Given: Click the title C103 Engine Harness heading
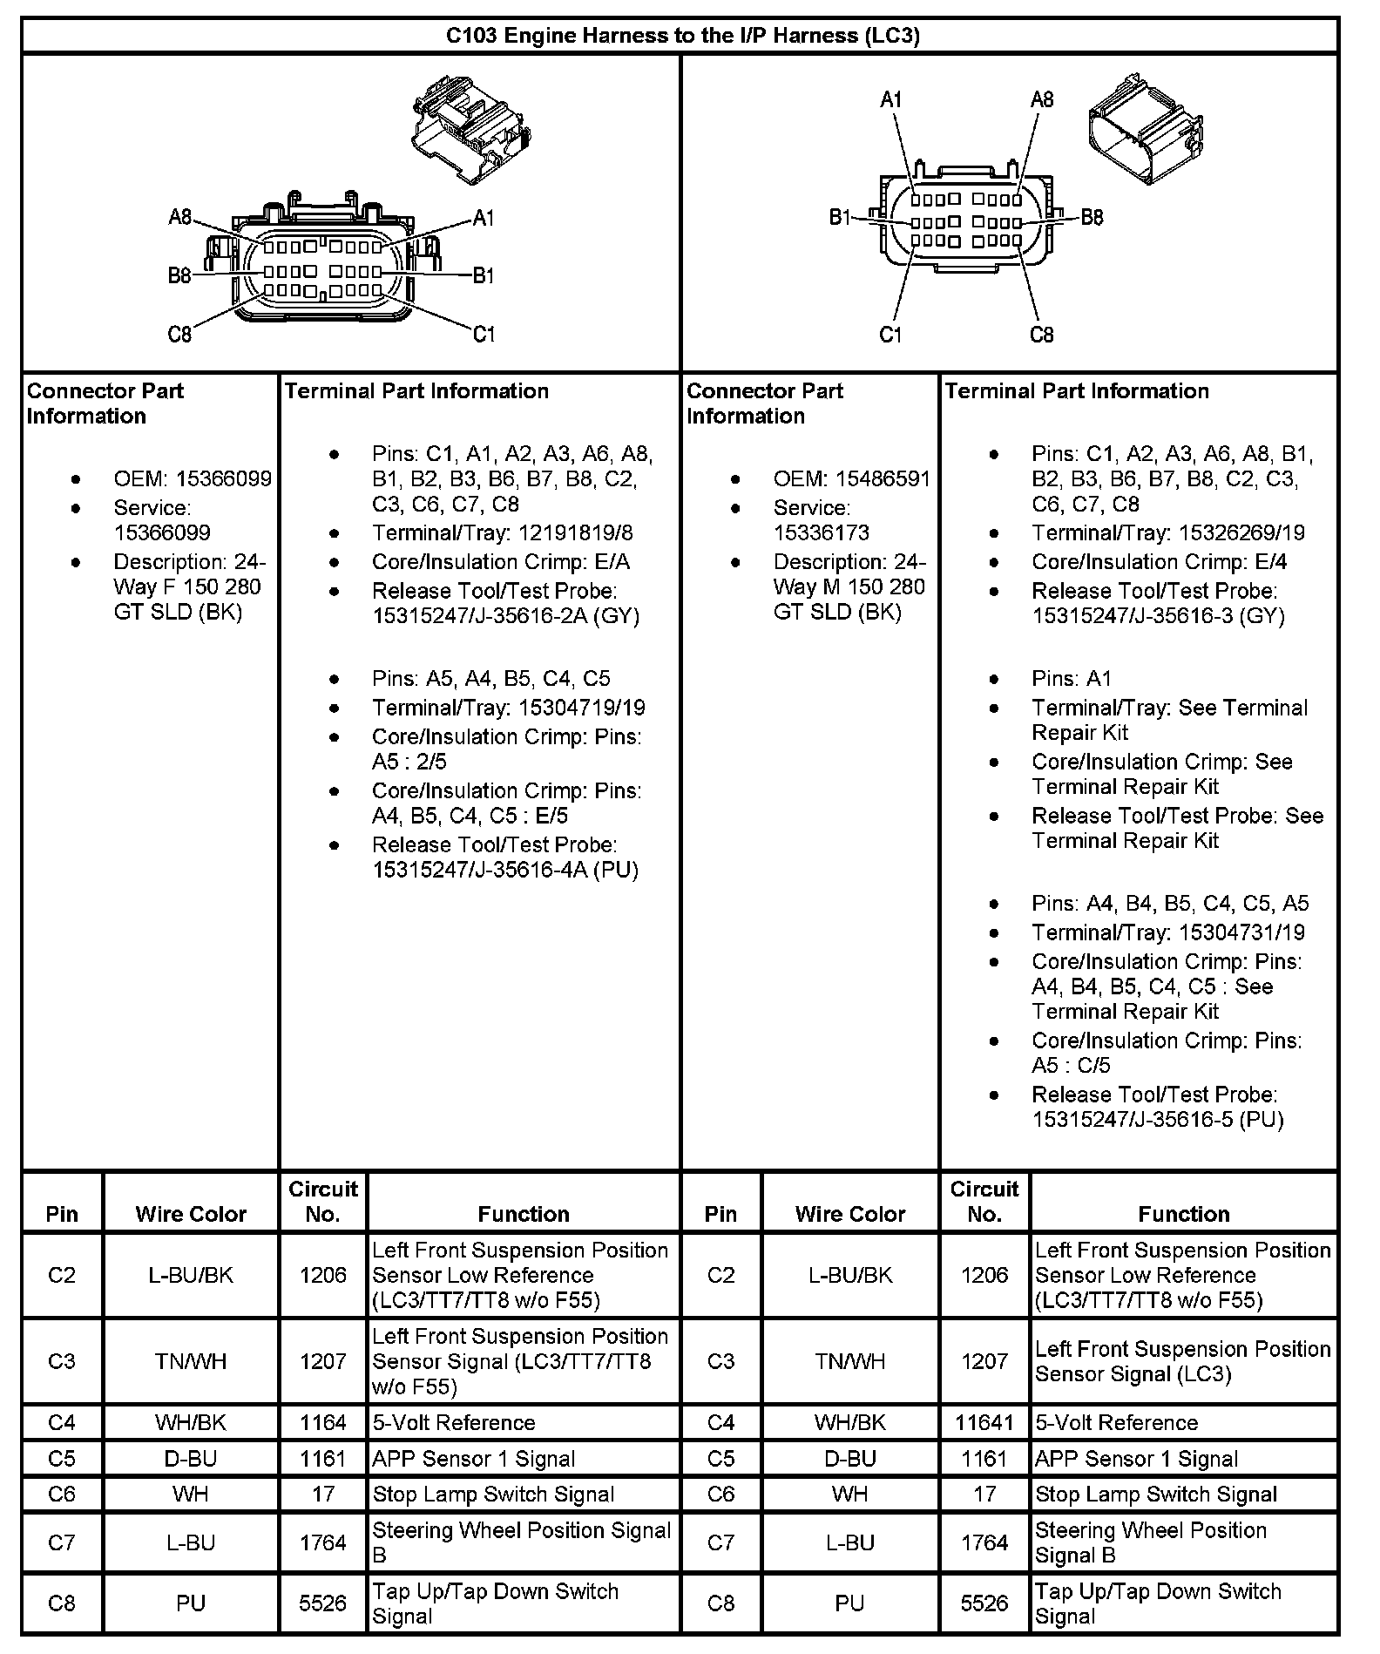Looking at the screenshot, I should point(682,36).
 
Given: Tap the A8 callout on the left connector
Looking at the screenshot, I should point(180,217).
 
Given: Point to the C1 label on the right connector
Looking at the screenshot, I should point(890,335).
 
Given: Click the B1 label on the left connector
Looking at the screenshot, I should point(484,276).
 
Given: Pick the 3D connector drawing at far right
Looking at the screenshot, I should point(1147,128).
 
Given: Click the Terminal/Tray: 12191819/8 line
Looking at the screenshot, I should point(503,532).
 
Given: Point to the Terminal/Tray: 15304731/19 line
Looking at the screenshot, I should point(1167,932).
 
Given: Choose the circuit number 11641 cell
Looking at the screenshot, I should point(984,1422).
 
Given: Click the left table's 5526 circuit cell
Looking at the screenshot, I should point(323,1603).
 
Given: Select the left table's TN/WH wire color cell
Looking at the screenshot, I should point(191,1361).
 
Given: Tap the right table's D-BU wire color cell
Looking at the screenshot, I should point(850,1458).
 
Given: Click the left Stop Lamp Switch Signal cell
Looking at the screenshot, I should point(494,1494).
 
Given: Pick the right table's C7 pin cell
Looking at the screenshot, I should point(720,1542).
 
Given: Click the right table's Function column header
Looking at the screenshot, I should point(1183,1213).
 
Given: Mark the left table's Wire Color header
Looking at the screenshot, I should point(191,1213).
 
